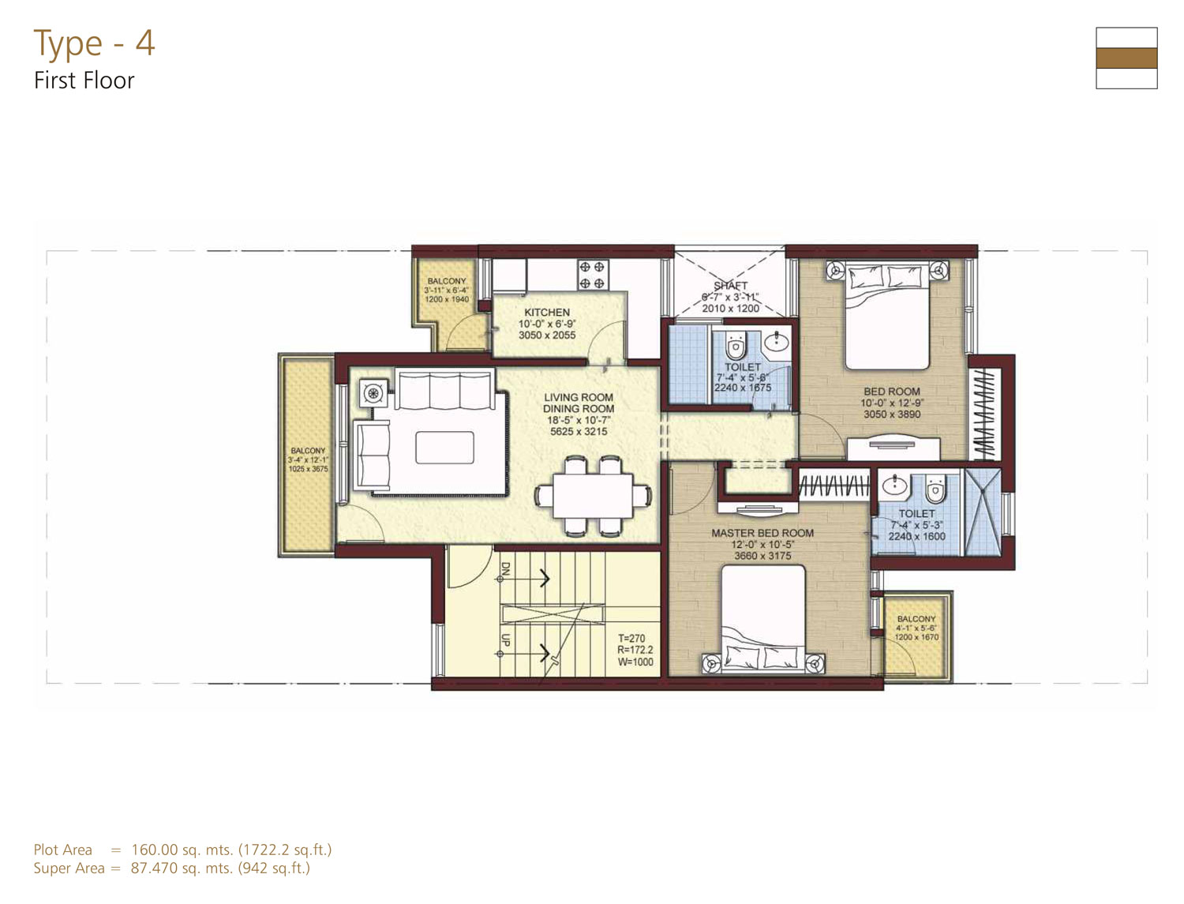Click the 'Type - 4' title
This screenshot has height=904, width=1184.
[x=95, y=43]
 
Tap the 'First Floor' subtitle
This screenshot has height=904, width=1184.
[x=84, y=81]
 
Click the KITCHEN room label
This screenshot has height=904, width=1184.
[x=546, y=312]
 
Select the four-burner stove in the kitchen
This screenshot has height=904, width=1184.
[x=593, y=275]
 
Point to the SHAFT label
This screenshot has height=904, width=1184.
[x=730, y=285]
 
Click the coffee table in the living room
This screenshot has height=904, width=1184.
[x=444, y=447]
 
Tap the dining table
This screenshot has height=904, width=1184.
[x=592, y=496]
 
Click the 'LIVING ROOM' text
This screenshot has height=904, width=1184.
[x=579, y=397]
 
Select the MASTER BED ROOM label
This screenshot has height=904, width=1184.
[x=762, y=533]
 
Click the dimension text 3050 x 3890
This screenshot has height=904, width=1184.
[x=892, y=414]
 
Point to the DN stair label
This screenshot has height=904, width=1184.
[x=505, y=568]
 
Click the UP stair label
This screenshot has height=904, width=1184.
[x=505, y=640]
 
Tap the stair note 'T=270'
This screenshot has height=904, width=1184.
[x=631, y=638]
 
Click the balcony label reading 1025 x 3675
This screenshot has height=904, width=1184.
[x=308, y=469]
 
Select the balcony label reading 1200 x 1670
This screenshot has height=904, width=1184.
[x=916, y=637]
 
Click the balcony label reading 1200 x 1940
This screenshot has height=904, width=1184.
[x=447, y=298]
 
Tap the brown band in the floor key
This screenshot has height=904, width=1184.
[x=1126, y=58]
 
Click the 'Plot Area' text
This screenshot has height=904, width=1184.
[x=62, y=850]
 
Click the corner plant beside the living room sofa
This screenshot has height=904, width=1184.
[x=373, y=392]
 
